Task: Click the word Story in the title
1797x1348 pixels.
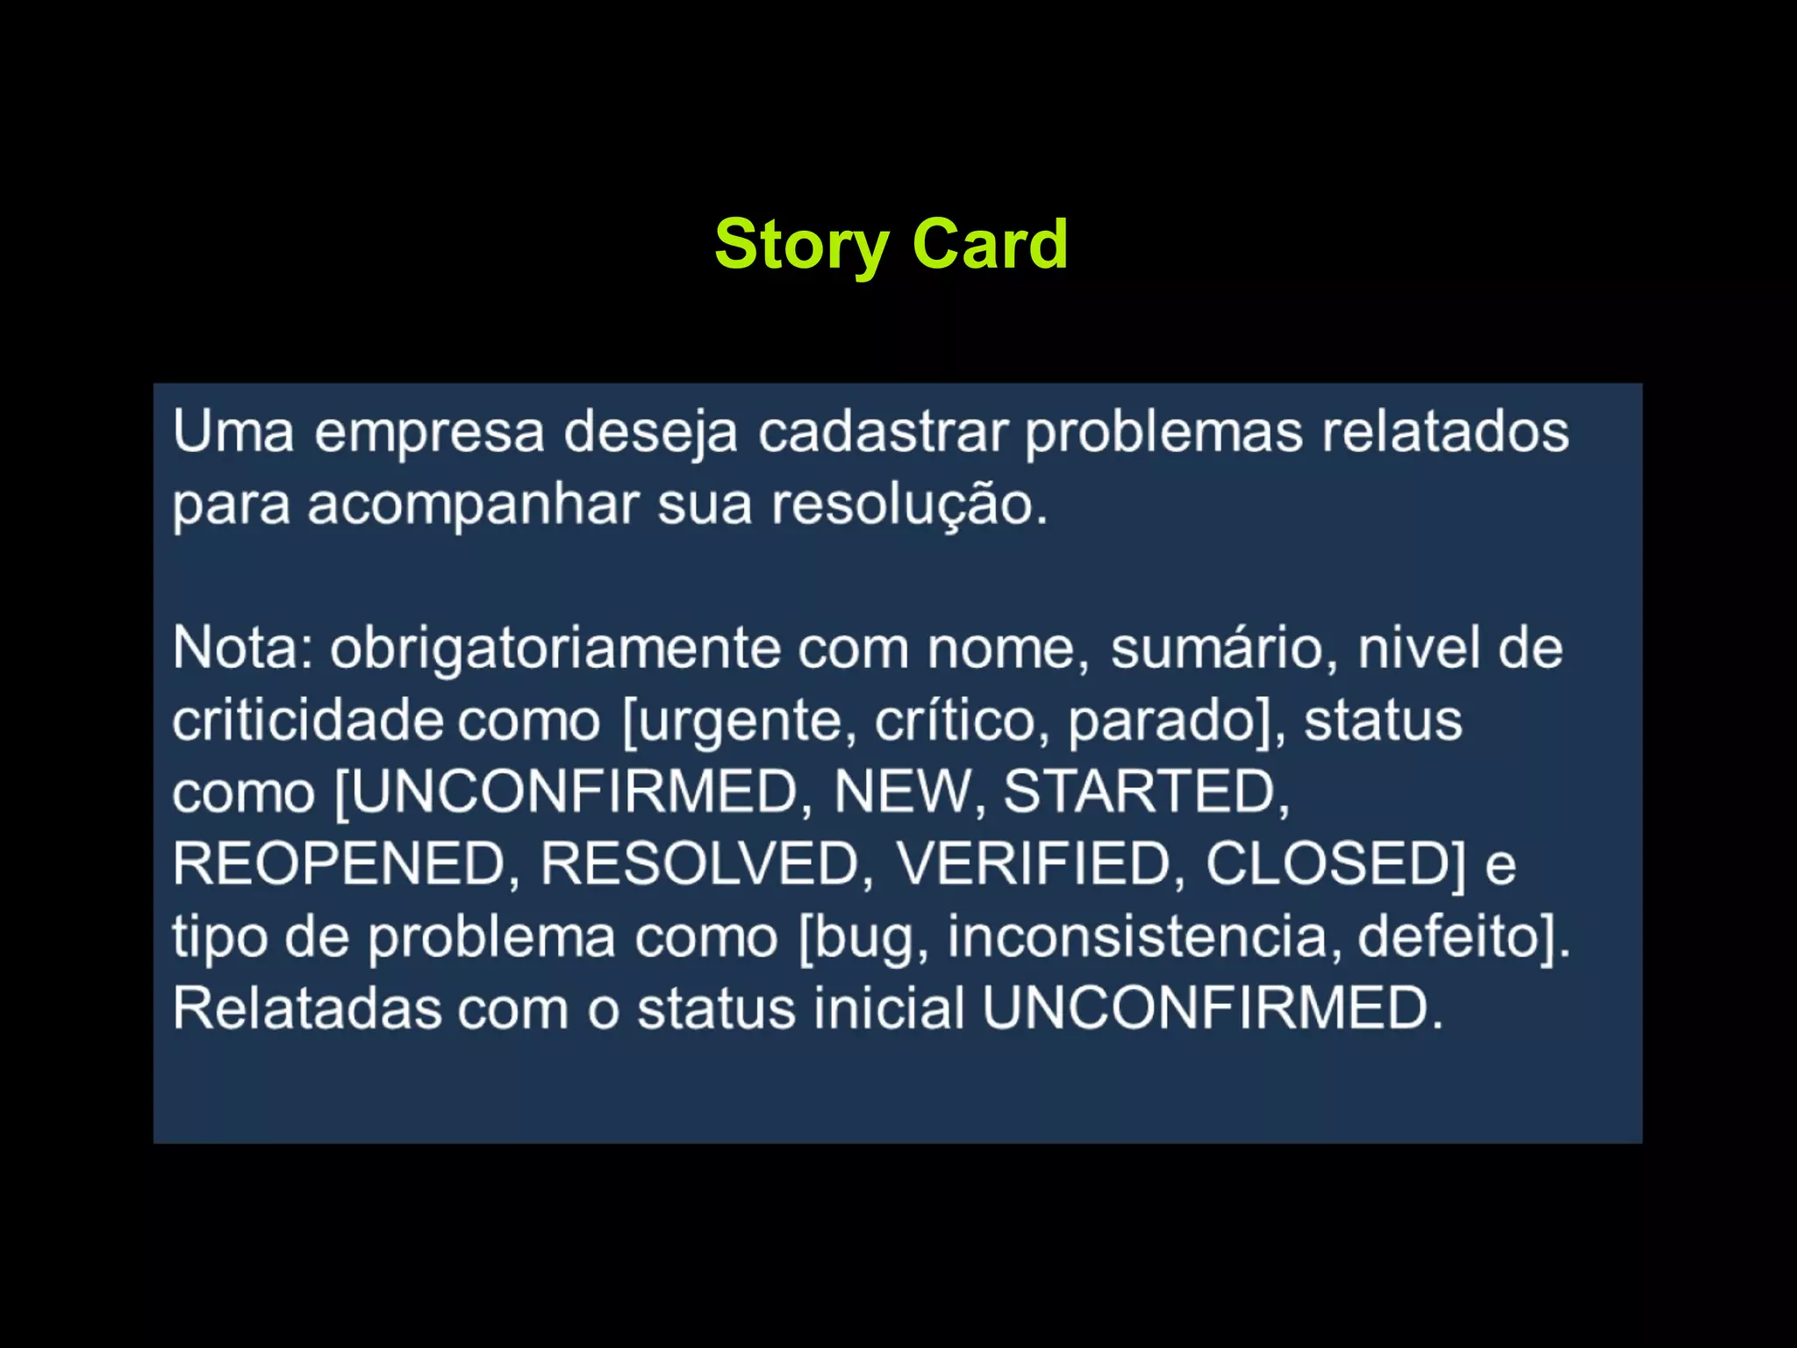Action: (x=801, y=245)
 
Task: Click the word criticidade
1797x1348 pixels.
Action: (x=307, y=721)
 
